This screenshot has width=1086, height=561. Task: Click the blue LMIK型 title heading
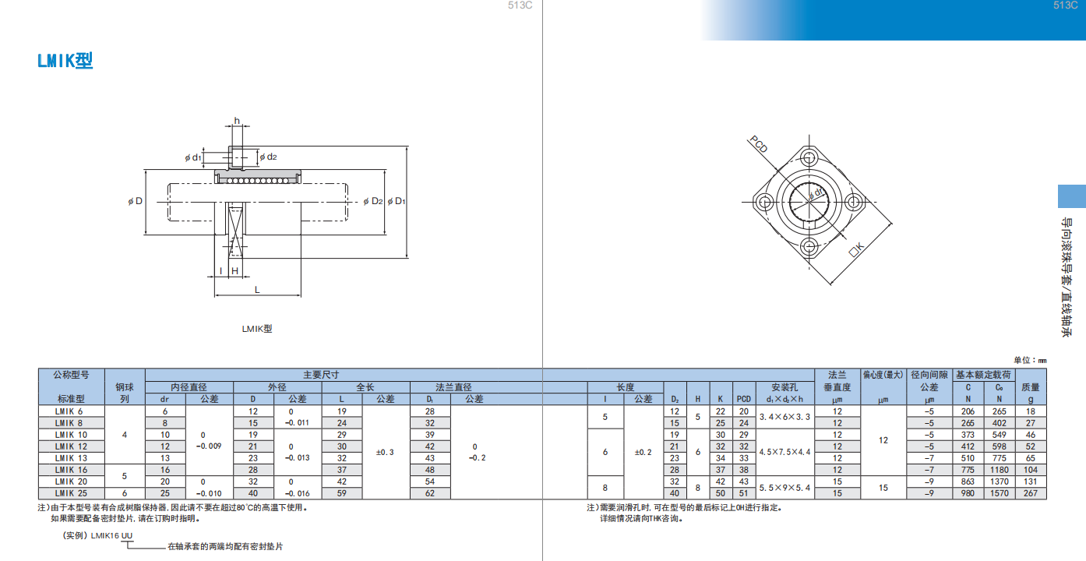65,61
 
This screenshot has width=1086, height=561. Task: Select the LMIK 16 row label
71,470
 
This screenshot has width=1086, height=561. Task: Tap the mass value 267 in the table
1030,493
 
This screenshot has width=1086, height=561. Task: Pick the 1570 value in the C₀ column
1000,493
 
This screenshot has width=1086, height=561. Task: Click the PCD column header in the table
744,399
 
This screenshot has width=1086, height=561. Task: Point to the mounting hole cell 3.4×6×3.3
785,417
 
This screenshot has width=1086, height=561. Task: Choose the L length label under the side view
257,290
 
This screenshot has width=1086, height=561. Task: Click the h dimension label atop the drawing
237,121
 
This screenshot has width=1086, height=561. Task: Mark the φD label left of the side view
136,201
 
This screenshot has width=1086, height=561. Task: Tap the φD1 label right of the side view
397,201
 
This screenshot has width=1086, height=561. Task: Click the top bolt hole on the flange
809,157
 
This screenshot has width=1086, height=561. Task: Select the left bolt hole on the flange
764,202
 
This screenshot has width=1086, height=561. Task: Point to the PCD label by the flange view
759,144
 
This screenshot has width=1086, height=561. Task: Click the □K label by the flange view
856,249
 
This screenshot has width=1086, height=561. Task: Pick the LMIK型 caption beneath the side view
257,329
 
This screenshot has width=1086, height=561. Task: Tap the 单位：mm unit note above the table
1030,360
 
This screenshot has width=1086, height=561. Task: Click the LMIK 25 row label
71,493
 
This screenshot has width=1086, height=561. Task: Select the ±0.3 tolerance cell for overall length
385,452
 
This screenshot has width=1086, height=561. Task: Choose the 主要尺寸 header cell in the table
321,375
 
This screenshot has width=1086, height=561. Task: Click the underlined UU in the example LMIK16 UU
126,535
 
